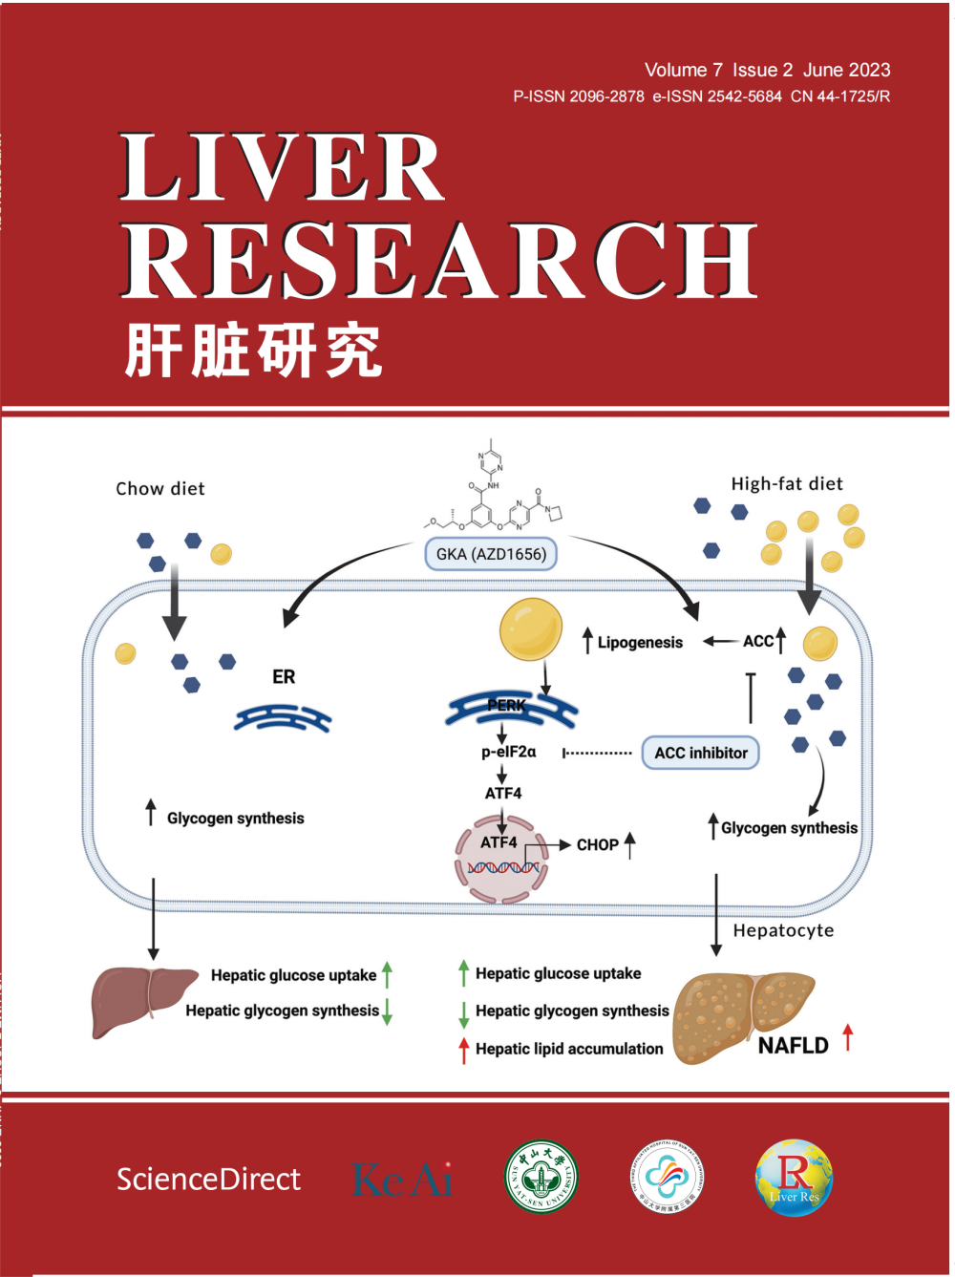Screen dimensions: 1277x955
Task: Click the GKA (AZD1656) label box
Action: (491, 554)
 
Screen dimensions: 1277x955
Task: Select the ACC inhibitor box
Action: (701, 753)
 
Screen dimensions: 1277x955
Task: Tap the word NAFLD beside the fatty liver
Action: (793, 1046)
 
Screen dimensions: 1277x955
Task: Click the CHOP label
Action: (597, 844)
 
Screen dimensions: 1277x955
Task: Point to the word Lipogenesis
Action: (640, 643)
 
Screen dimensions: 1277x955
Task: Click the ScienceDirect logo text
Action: (208, 1180)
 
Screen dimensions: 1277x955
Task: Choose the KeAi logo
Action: (402, 1180)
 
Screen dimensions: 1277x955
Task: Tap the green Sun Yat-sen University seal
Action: (541, 1177)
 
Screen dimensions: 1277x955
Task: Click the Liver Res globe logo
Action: (794, 1178)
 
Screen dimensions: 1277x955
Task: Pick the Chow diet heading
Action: (160, 489)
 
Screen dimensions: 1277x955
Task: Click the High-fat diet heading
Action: (787, 484)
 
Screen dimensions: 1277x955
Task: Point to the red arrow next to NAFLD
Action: (847, 1036)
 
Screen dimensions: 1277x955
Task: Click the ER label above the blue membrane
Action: (284, 677)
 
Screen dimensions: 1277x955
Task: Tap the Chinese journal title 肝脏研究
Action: (253, 351)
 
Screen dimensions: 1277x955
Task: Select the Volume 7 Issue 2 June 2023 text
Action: (767, 70)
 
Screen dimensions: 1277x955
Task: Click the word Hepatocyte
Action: (783, 930)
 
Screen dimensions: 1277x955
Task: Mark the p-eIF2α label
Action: (509, 752)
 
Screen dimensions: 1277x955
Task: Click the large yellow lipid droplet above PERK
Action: (530, 628)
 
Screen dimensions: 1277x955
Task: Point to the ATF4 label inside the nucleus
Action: (499, 842)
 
